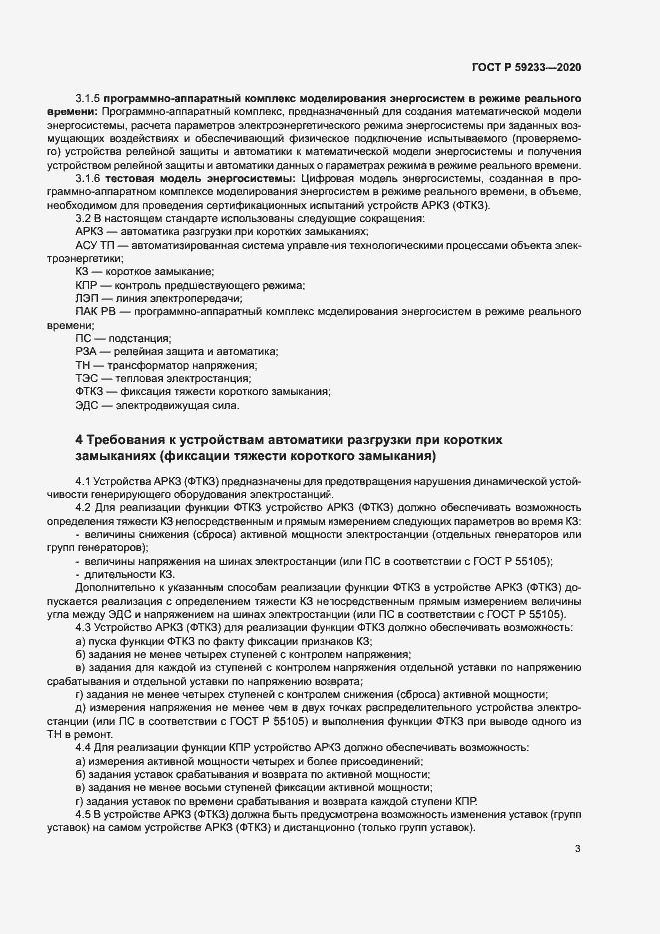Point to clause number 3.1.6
[90, 177]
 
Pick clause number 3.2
[83, 219]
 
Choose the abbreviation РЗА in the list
[88, 352]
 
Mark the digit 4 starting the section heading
[80, 441]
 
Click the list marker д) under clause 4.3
[80, 707]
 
